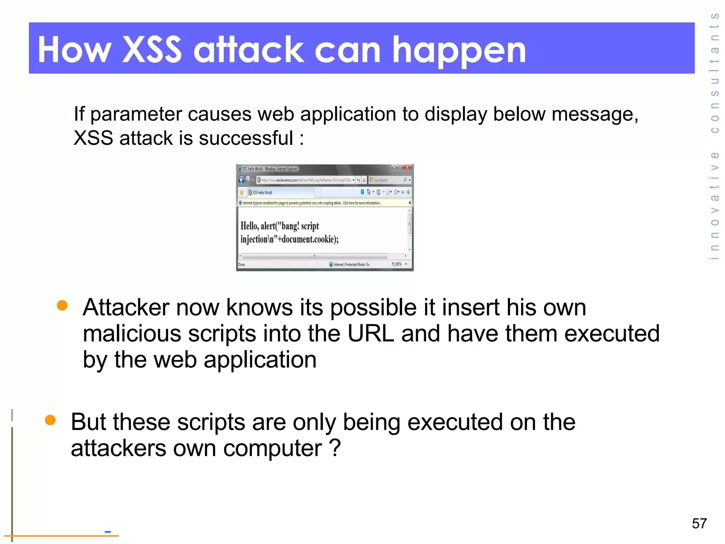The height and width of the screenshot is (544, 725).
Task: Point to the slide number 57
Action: coord(699,523)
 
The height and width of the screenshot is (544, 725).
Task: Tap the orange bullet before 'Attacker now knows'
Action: coord(62,305)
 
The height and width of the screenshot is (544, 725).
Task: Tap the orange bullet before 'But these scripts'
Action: coord(50,420)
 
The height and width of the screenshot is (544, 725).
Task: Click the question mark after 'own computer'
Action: coord(335,448)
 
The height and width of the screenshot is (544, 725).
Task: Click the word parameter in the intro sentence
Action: coord(136,114)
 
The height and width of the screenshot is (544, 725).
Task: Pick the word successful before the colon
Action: coord(246,138)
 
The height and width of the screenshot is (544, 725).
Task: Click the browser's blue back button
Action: coord(241,180)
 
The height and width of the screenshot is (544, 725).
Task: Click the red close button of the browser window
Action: coord(407,167)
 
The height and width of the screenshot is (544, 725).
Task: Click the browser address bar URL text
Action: coord(306,180)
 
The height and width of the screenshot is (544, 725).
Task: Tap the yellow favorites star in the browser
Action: coord(242,192)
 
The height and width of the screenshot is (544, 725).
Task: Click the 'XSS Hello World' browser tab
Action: coord(262,193)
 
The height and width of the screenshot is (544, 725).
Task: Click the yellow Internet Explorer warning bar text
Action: coord(312,203)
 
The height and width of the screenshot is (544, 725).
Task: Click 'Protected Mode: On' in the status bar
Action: coord(357,264)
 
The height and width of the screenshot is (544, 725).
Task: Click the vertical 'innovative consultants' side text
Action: coord(715,136)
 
